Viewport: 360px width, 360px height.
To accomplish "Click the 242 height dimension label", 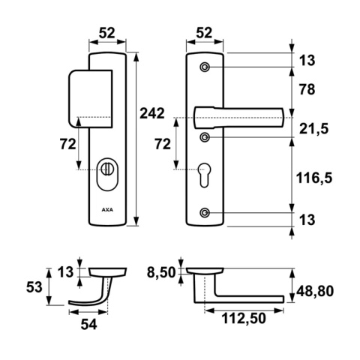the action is pyautogui.click(x=152, y=113).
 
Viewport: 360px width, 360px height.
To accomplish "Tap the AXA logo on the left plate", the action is pyautogui.click(x=107, y=210).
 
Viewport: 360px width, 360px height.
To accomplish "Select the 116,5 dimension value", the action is pyautogui.click(x=314, y=178).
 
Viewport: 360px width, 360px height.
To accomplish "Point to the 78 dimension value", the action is pyautogui.click(x=307, y=89).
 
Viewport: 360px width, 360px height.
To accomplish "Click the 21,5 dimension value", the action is pyautogui.click(x=313, y=129).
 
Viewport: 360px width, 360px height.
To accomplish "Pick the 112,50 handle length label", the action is pyautogui.click(x=244, y=319).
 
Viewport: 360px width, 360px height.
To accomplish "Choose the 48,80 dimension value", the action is pyautogui.click(x=315, y=291).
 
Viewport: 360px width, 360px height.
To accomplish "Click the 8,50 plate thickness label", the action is pyautogui.click(x=161, y=272).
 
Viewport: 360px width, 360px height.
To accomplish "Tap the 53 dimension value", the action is pyautogui.click(x=34, y=287).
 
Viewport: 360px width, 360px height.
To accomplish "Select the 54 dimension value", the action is pyautogui.click(x=88, y=325).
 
